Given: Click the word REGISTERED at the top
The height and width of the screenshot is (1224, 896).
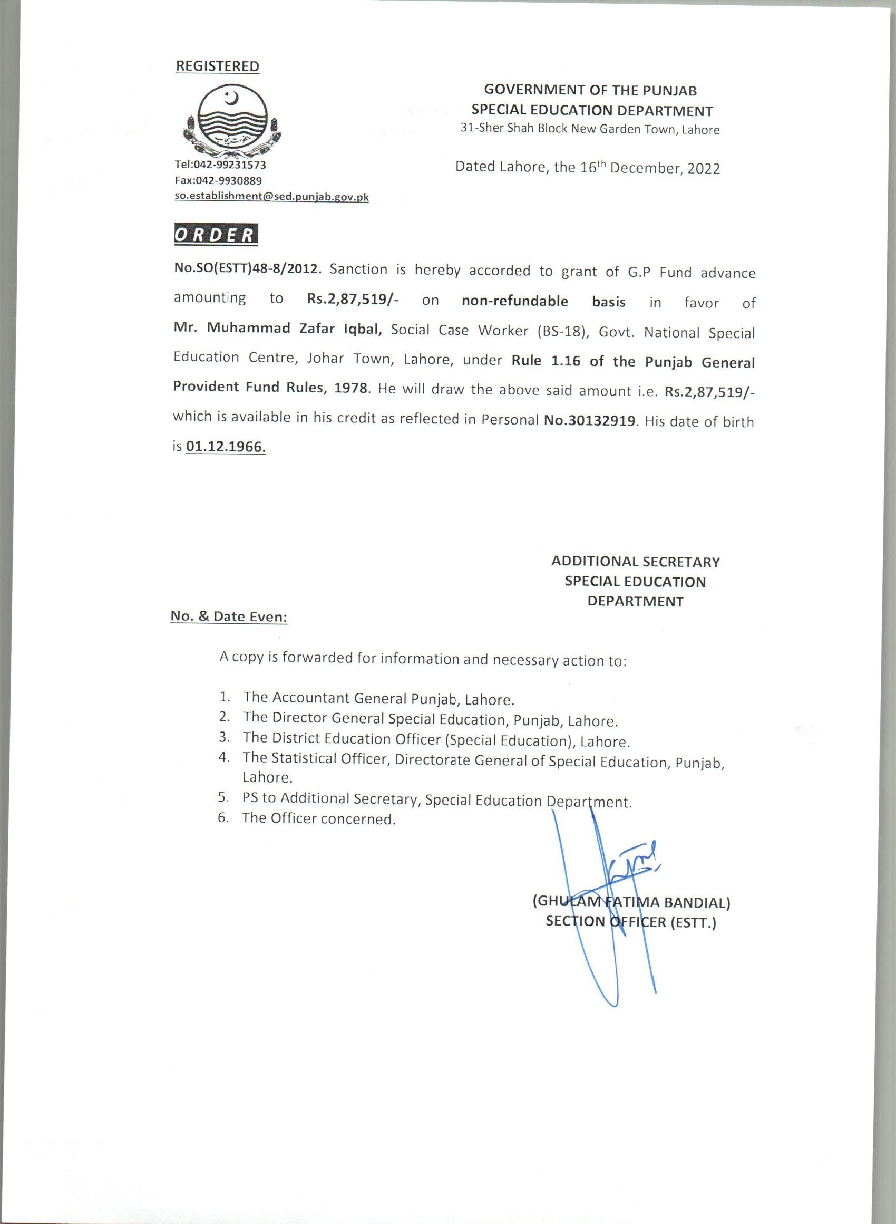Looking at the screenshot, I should [218, 66].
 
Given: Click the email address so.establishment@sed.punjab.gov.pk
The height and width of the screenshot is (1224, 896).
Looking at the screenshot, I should [271, 197].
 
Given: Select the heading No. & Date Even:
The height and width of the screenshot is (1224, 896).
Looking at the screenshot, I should [228, 616].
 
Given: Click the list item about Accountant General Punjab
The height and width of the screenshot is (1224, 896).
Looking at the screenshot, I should [378, 698].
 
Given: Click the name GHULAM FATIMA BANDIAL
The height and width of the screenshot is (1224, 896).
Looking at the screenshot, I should [632, 903].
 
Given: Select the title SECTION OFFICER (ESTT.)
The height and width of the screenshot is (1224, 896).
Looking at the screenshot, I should [631, 922].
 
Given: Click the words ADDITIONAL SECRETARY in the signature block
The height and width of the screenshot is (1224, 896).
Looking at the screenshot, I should [635, 562].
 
